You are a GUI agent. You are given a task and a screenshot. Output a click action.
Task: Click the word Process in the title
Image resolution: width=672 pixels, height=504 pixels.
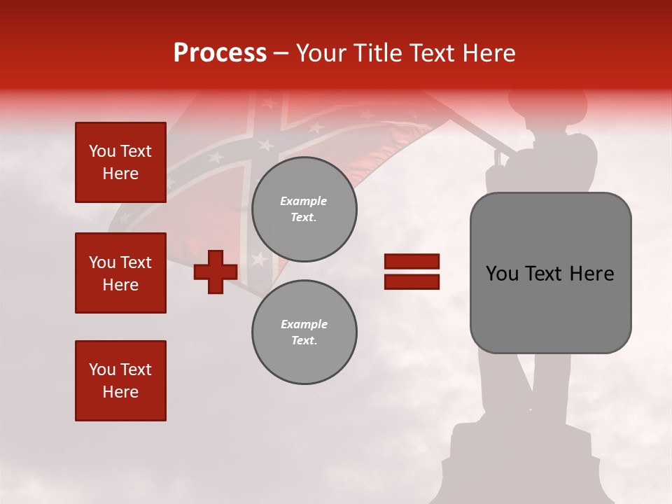click(x=220, y=53)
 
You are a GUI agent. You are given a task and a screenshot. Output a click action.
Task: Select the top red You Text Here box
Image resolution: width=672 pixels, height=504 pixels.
click(x=120, y=162)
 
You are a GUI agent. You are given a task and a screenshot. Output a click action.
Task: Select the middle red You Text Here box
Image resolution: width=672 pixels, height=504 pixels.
click(x=120, y=273)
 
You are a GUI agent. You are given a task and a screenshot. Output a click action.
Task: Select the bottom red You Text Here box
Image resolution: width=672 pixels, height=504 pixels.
click(x=120, y=381)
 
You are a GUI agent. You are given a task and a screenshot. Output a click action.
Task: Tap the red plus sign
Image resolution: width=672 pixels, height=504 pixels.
click(x=215, y=272)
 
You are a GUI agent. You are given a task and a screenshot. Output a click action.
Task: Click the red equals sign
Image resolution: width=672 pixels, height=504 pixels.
click(x=412, y=272)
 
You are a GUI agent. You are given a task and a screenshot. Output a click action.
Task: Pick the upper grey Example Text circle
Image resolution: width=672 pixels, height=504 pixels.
click(x=304, y=209)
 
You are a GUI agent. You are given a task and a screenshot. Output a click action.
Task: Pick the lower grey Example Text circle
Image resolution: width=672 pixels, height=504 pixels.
click(x=304, y=332)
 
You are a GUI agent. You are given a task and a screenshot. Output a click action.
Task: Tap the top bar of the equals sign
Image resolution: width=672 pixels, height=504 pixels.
click(x=412, y=262)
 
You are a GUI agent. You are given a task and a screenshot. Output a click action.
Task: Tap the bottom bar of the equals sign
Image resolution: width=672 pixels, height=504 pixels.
click(x=412, y=281)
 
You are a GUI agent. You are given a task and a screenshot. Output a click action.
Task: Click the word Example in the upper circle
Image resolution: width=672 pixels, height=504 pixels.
click(x=304, y=201)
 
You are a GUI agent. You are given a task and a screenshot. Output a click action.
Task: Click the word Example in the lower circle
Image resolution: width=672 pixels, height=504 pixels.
click(x=304, y=324)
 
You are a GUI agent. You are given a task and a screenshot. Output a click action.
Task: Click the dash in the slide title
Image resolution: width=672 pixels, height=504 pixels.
click(x=281, y=54)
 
